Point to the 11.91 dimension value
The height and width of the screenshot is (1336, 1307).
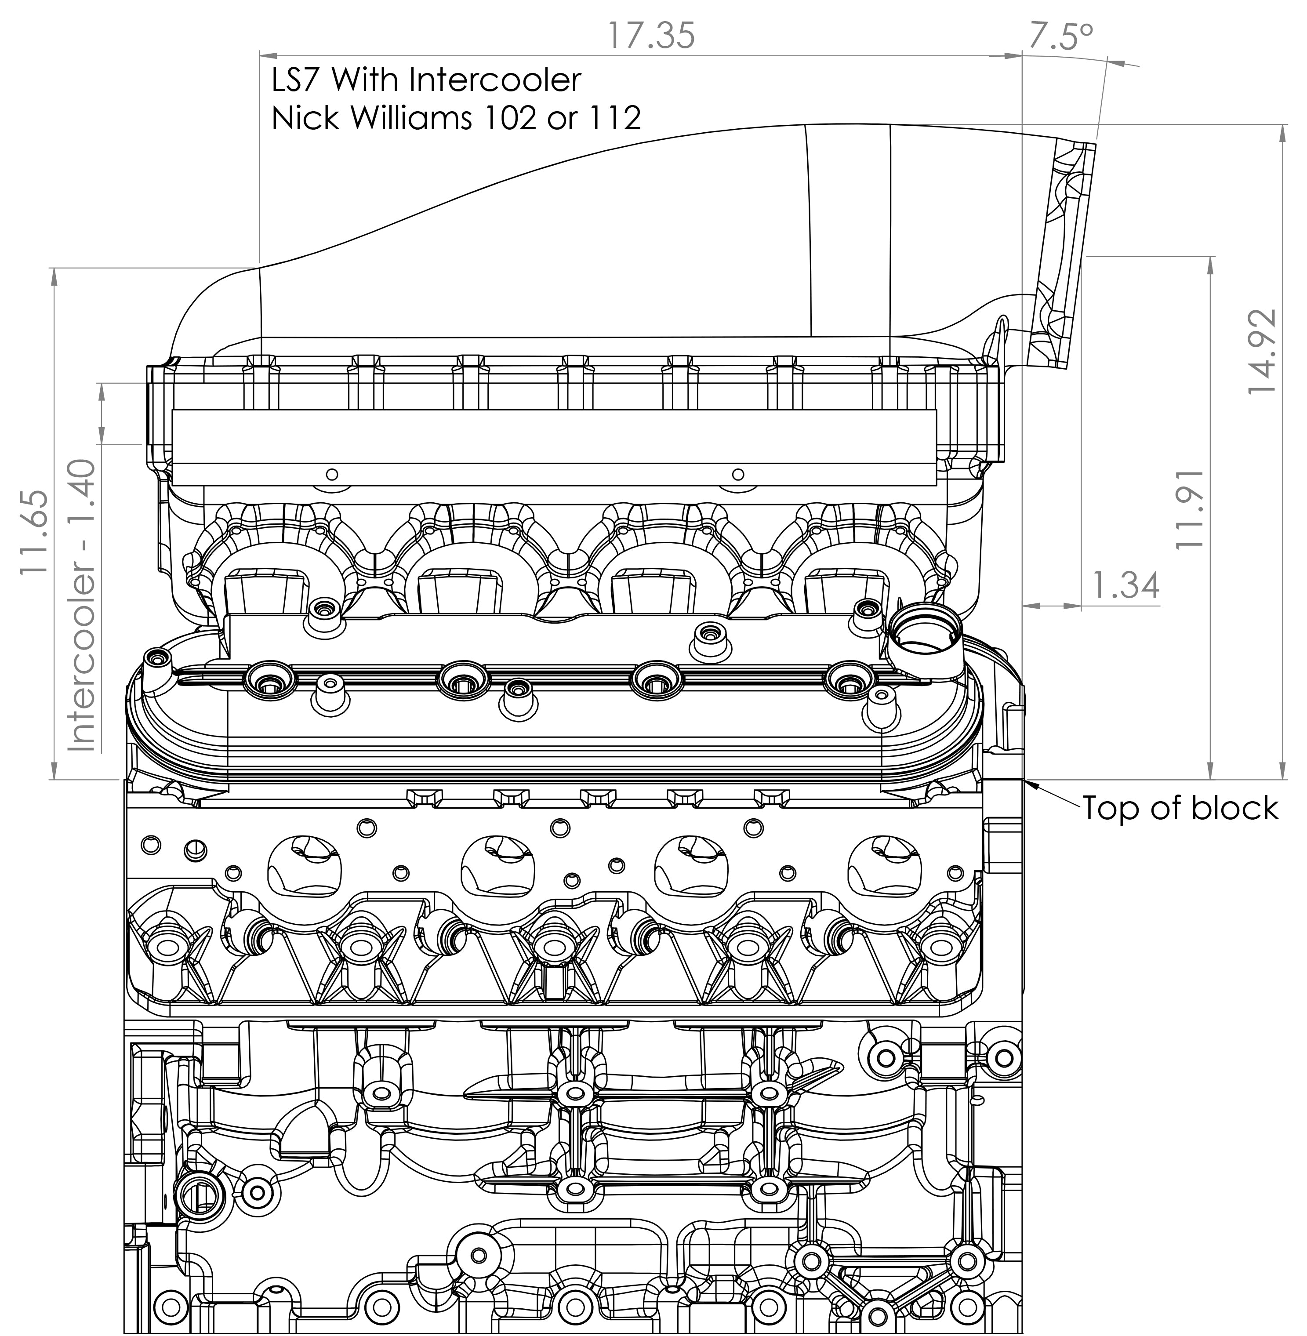coord(1189,508)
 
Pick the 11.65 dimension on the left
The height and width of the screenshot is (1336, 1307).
coord(34,532)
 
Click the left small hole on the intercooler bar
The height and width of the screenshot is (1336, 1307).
coord(332,474)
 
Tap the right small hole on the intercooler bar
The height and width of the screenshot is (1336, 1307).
coord(738,474)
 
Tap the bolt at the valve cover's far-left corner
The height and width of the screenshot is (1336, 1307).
coord(156,661)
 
